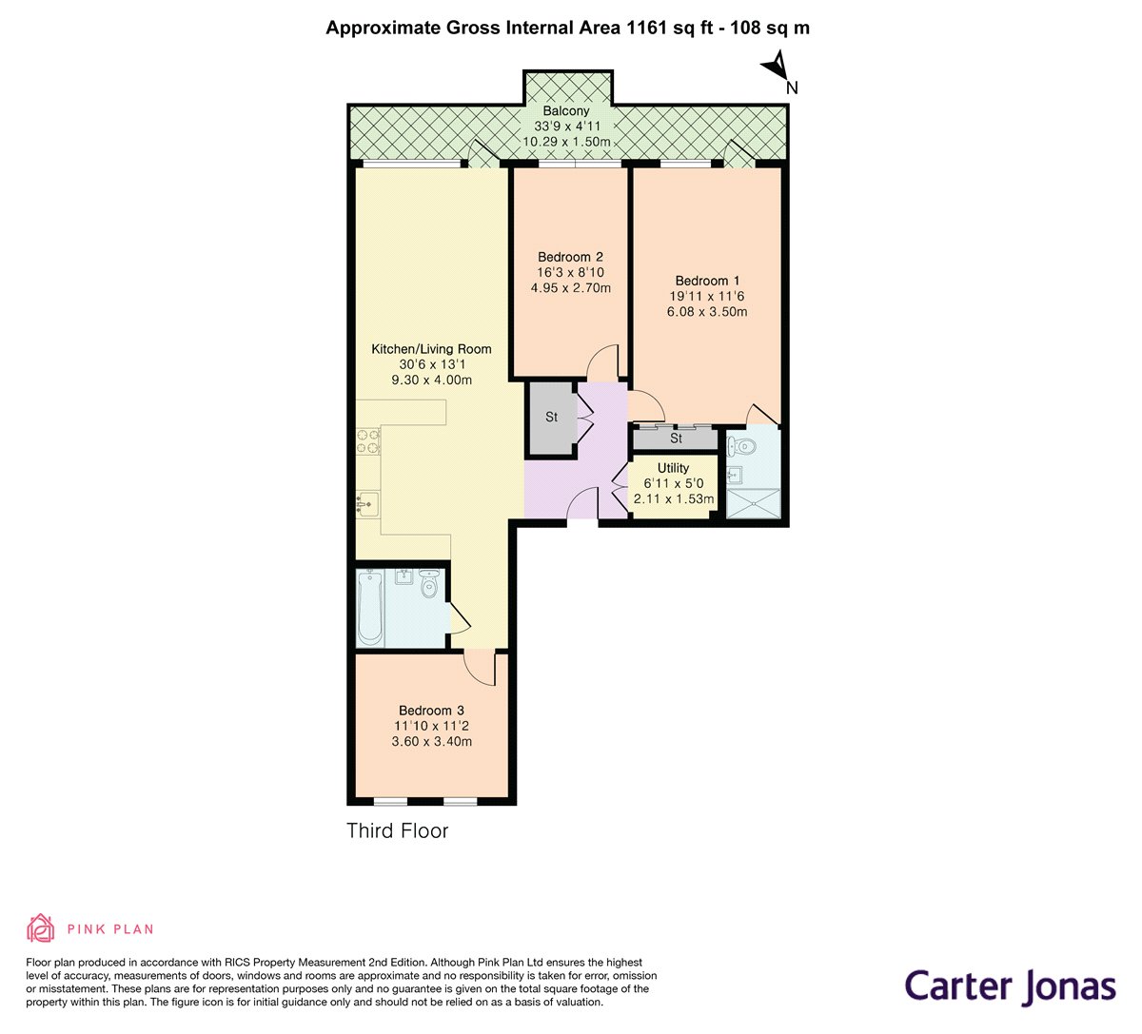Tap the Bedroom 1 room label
pos(707,281)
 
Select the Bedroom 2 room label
pos(570,257)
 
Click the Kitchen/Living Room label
pos(431,349)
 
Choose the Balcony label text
pos(566,111)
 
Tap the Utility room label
pos(673,468)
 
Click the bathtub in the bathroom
pos(369,608)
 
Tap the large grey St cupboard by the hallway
pos(551,418)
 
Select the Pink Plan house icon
pos(41,927)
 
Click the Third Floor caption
pos(397,830)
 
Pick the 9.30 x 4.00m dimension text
pos(431,380)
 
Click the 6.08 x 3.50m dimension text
pos(707,311)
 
